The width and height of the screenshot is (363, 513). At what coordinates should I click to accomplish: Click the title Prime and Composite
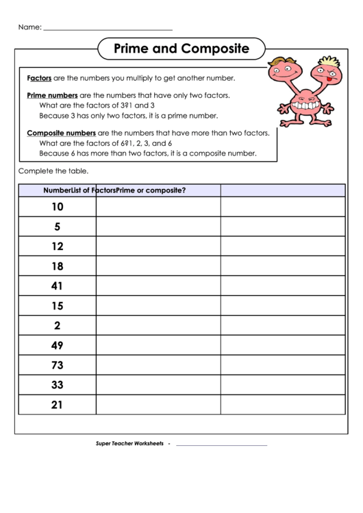coord(181,49)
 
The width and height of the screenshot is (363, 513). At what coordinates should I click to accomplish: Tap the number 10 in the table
coord(57,207)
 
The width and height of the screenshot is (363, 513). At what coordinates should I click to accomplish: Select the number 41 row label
coord(57,286)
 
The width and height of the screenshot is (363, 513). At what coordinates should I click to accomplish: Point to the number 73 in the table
coord(57,365)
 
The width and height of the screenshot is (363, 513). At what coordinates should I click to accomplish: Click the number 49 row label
coord(57,345)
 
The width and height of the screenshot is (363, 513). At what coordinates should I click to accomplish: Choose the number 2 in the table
coord(57,325)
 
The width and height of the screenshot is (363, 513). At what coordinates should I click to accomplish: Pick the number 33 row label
coord(57,385)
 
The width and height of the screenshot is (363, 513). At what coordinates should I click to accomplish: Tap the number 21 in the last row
coord(57,405)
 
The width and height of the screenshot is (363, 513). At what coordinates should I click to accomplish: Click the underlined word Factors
coord(39,78)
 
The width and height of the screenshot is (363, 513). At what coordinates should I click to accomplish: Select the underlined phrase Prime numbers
coord(52,96)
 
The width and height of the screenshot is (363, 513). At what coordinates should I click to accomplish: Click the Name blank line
coord(108,29)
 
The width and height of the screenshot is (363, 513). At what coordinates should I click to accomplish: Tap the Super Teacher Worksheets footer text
coord(129,445)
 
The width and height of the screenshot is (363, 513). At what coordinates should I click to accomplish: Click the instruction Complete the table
coord(53,171)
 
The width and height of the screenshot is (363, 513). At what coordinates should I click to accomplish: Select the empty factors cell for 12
coord(158,246)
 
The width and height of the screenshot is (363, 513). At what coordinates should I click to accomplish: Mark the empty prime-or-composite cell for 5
coord(282,226)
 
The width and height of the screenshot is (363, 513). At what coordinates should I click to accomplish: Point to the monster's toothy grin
coord(304,106)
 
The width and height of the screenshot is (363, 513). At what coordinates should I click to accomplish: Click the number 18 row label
coord(57,266)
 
